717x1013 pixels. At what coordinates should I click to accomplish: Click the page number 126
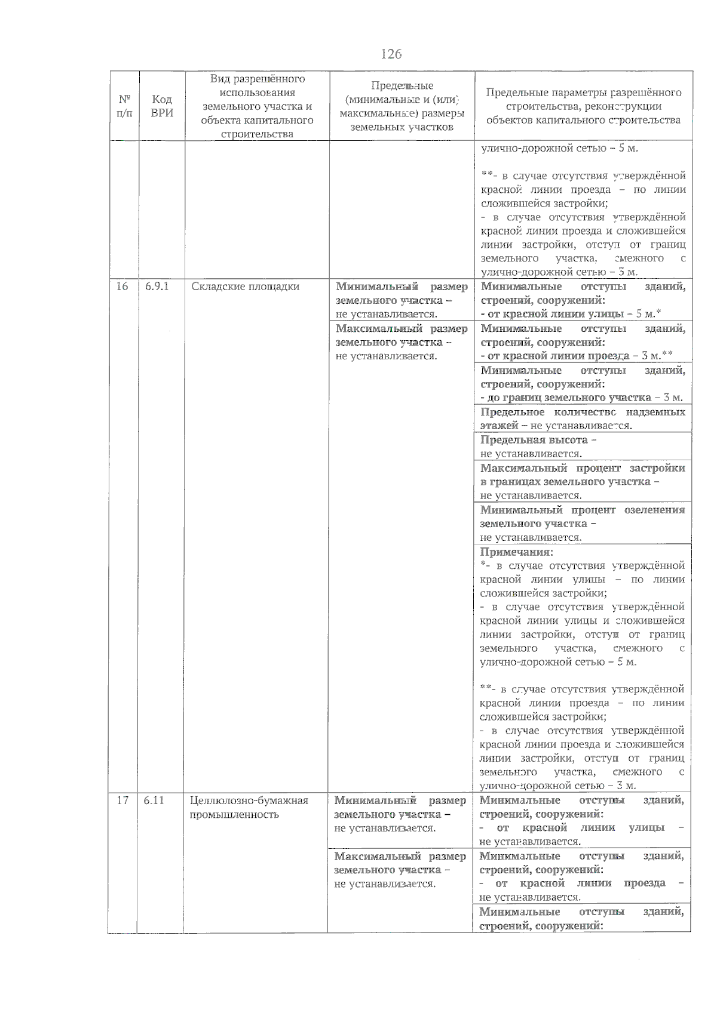[x=391, y=54]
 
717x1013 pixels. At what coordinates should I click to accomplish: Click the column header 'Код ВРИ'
[x=162, y=106]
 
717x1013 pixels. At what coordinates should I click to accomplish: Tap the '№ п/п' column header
[x=124, y=106]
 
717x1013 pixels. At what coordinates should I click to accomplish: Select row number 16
[x=122, y=287]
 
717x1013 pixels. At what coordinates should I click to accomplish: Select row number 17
[x=122, y=800]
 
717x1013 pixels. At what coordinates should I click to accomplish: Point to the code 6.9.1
[x=157, y=287]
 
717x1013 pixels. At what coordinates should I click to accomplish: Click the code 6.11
[x=154, y=800]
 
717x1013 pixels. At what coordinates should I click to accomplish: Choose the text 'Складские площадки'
[x=245, y=287]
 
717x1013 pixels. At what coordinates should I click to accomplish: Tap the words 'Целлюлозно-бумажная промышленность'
[x=249, y=807]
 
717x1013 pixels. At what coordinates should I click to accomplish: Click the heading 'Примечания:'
[x=517, y=552]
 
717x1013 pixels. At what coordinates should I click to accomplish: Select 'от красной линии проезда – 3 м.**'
[x=577, y=356]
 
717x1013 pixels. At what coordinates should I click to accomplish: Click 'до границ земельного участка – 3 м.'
[x=581, y=398]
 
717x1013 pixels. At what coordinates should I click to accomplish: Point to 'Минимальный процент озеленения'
[x=583, y=510]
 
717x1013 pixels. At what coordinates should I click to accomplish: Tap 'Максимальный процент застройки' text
[x=583, y=468]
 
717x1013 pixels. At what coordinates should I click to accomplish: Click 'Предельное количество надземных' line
[x=583, y=412]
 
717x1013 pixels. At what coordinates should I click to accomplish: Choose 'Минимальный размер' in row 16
[x=402, y=287]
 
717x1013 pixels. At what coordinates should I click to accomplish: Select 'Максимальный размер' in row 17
[x=400, y=857]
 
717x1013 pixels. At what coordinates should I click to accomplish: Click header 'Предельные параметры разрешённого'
[x=584, y=93]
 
